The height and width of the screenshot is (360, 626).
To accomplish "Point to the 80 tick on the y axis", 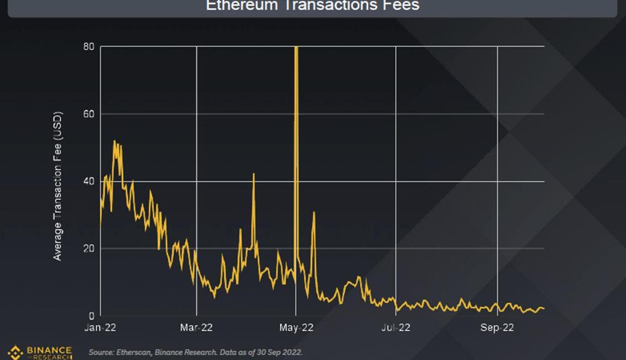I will (x=89, y=47).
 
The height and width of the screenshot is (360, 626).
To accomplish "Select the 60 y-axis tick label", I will (x=89, y=114).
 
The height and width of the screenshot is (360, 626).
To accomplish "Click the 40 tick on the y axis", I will (x=89, y=181).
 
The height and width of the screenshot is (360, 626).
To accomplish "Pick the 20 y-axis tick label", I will (x=89, y=249).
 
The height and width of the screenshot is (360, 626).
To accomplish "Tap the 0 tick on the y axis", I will (x=91, y=316).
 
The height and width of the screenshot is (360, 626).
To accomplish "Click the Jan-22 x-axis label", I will (x=101, y=328).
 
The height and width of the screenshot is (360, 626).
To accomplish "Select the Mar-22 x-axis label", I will (x=197, y=328).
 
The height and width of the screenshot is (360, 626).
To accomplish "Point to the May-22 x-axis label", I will (x=296, y=328).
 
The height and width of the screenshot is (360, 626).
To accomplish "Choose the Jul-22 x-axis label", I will (x=396, y=328).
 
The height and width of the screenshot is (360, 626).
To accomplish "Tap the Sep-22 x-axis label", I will (x=497, y=328).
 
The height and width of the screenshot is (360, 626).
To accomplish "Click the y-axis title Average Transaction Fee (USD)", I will (x=58, y=186).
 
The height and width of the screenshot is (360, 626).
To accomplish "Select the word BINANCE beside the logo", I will (x=50, y=350).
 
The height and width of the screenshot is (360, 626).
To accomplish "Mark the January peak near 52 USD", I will (x=115, y=141).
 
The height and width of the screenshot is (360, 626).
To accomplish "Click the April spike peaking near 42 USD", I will (x=253, y=174).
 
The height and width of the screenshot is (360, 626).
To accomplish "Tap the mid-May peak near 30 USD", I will (x=314, y=212).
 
